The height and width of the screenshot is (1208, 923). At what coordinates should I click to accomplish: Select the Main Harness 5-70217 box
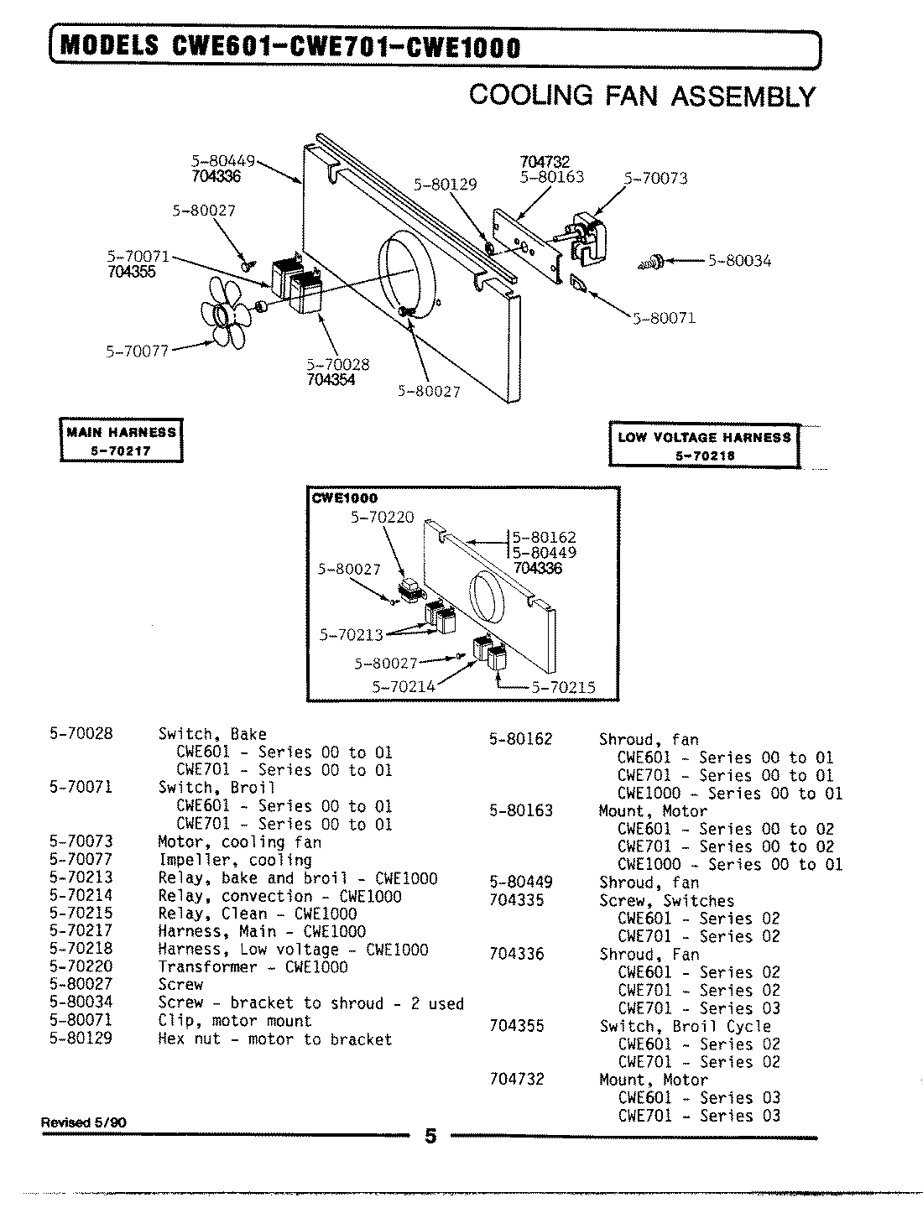click(122, 440)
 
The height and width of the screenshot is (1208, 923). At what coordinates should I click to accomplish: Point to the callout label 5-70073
click(655, 178)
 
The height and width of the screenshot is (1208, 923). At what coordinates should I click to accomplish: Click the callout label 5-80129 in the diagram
click(445, 184)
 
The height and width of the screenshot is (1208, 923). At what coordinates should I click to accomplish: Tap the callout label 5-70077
click(137, 351)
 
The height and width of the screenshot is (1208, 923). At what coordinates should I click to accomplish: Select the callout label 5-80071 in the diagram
click(664, 318)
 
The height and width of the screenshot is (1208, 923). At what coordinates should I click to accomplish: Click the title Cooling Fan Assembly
click(642, 96)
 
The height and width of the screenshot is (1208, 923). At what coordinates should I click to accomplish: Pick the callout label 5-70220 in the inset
click(382, 518)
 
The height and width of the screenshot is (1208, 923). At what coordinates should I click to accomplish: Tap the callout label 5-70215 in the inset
click(563, 687)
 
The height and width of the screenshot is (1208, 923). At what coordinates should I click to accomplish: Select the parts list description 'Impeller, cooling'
click(235, 860)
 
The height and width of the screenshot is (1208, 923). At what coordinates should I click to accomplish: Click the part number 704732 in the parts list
click(516, 1079)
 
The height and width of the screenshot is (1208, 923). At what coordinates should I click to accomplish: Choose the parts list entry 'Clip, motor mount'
click(235, 1021)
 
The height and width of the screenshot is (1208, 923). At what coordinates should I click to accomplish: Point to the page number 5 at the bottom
click(430, 1137)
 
